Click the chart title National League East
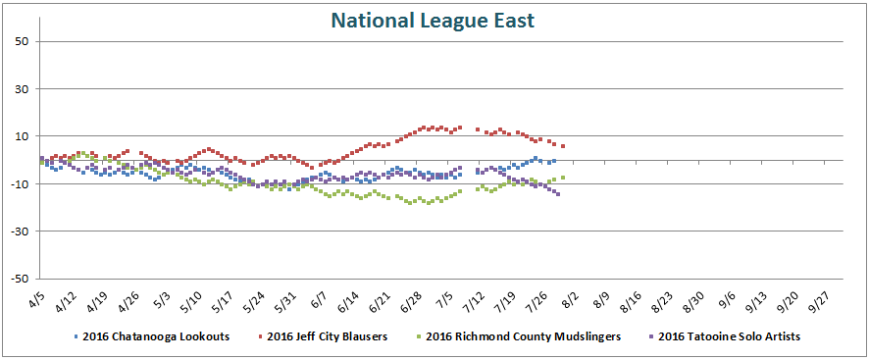[433, 21]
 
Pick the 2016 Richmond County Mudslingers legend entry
[510, 336]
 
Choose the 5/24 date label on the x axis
[254, 299]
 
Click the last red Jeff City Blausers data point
[563, 146]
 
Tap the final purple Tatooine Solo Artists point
[558, 194]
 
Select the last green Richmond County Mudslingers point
[563, 178]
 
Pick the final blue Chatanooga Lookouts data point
[553, 161]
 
